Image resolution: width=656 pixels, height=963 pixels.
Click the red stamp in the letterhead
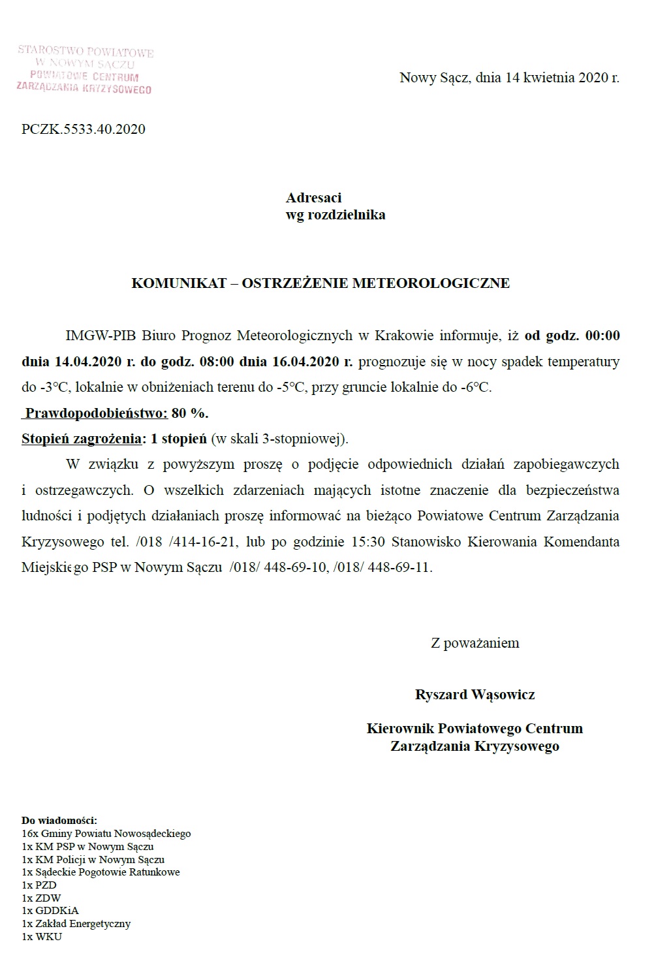(85, 69)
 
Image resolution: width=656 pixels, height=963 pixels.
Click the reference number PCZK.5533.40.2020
(84, 129)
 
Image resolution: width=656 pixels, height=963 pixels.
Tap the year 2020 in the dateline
(593, 78)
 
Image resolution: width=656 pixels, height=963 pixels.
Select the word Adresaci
(313, 197)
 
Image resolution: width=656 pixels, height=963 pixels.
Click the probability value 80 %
(190, 413)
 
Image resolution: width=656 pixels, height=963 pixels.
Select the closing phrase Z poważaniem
(475, 643)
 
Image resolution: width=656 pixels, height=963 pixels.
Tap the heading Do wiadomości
(59, 820)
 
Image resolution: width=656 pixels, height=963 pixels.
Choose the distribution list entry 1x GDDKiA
(50, 911)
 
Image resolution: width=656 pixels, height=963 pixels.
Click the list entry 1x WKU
(42, 937)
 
